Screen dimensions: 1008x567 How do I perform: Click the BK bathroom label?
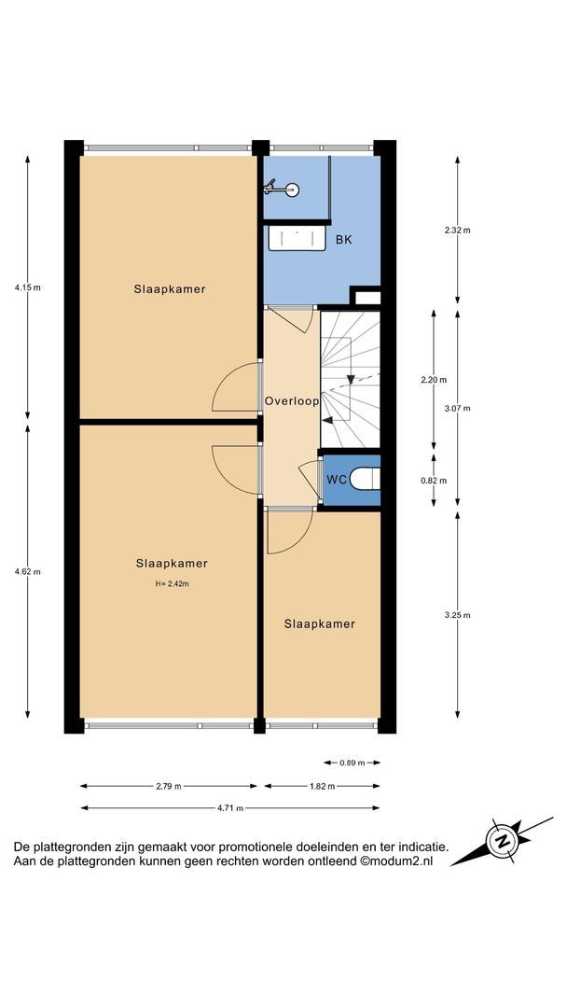tap(344, 240)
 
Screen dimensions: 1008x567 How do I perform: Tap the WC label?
tap(337, 480)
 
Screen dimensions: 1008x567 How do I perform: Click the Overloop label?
tap(292, 401)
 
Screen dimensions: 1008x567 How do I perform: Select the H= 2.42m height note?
tap(173, 584)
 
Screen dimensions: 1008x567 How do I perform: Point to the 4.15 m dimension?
tap(28, 288)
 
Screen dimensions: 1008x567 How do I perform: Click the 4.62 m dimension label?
tap(28, 571)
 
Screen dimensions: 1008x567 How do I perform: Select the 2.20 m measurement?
tap(434, 380)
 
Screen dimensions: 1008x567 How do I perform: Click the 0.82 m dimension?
tap(434, 481)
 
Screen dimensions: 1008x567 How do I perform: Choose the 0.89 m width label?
tap(352, 763)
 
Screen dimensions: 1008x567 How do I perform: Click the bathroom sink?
tap(296, 239)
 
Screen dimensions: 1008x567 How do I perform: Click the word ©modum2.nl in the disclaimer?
tap(397, 862)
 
